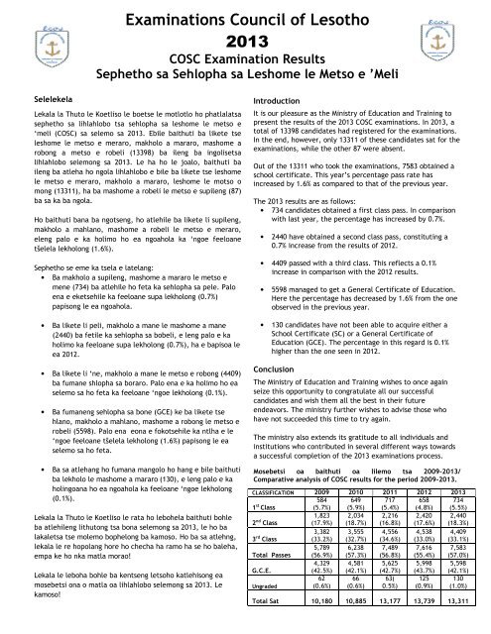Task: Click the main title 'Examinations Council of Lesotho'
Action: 246,16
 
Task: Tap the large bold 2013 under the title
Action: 246,42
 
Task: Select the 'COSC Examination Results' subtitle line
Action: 245,62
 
